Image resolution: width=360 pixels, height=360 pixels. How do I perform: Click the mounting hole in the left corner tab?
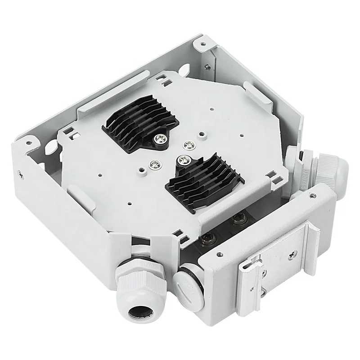(30, 144)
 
